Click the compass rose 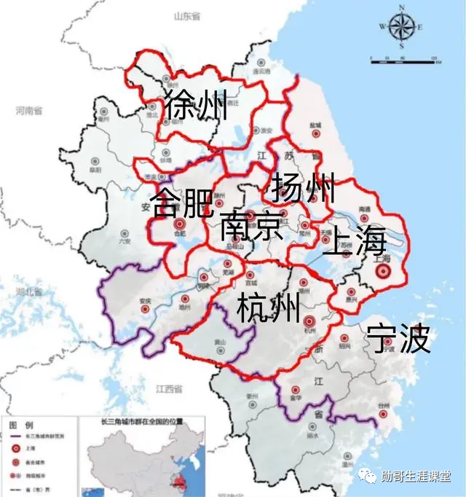click(x=401, y=27)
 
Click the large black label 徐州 click(x=196, y=106)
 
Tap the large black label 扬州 click(x=303, y=189)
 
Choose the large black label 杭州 click(x=269, y=308)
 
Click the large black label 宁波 click(x=398, y=339)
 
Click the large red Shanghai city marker click(x=383, y=272)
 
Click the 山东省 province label click(x=186, y=16)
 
